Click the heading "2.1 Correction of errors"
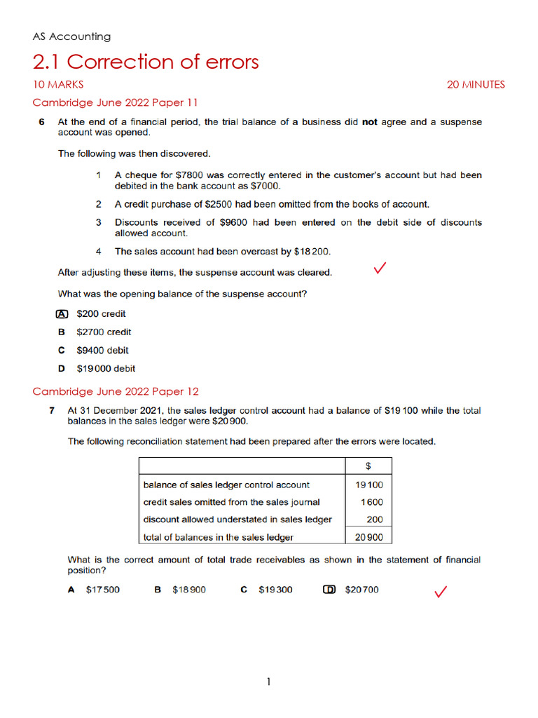pos(146,62)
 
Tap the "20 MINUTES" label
pos(476,85)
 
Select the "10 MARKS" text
pos(58,85)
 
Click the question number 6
pos(41,122)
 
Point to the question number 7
pos(52,411)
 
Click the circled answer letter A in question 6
pos(62,314)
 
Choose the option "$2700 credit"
pos(104,332)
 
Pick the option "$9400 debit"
pos(102,351)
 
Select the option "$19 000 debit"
pos(106,369)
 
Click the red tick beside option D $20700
pos(441,593)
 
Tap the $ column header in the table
pos(368,466)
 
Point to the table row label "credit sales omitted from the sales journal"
pos(231,502)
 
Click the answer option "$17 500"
pos(102,590)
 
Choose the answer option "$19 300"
pos(275,590)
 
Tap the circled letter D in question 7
pos(329,590)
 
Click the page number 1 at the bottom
pos(269,682)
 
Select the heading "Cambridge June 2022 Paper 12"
pos(116,392)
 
